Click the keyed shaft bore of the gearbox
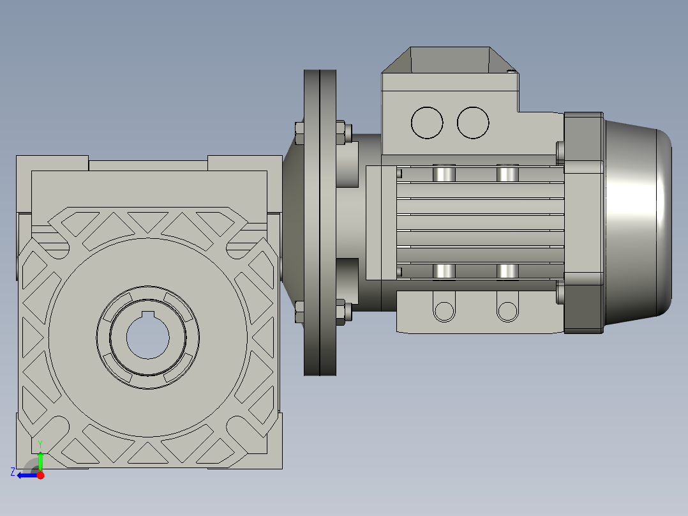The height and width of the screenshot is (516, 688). (x=148, y=337)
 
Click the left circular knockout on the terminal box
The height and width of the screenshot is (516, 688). (x=427, y=123)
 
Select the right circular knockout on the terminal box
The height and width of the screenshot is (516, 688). (x=473, y=123)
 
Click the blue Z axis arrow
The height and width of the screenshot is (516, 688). (x=27, y=475)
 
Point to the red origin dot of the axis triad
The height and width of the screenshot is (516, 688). (x=40, y=475)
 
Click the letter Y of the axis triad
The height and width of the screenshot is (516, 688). (x=40, y=444)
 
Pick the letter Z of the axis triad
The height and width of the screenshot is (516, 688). (x=13, y=472)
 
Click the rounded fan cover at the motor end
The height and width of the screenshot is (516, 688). (x=638, y=222)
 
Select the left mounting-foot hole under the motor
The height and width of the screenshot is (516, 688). (x=444, y=311)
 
